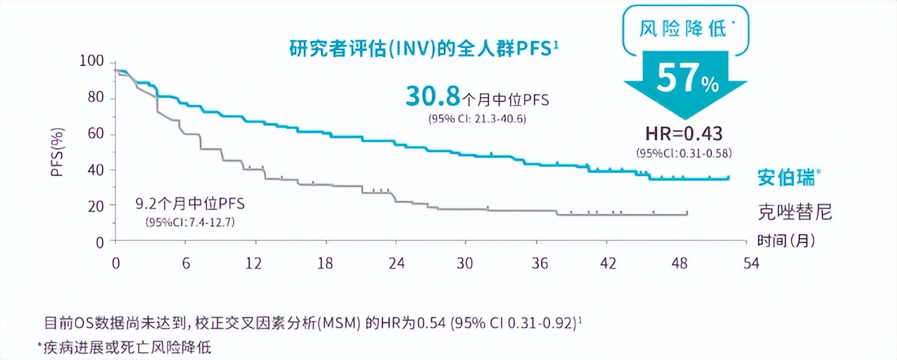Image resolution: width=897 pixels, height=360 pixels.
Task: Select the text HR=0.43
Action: click(x=683, y=133)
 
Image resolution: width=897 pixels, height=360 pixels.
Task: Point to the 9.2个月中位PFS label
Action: click(x=190, y=205)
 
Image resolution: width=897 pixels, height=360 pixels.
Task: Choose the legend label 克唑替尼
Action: click(x=795, y=212)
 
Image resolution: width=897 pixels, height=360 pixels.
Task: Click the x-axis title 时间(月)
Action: click(x=786, y=241)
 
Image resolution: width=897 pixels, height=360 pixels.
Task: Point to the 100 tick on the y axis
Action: click(x=93, y=62)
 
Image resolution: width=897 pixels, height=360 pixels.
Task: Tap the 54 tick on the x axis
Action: click(x=751, y=264)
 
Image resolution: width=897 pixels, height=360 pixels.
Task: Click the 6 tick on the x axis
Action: click(x=185, y=264)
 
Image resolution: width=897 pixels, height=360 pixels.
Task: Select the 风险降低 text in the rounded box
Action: click(x=683, y=30)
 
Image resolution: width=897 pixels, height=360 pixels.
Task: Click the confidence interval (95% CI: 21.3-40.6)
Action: click(x=475, y=118)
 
